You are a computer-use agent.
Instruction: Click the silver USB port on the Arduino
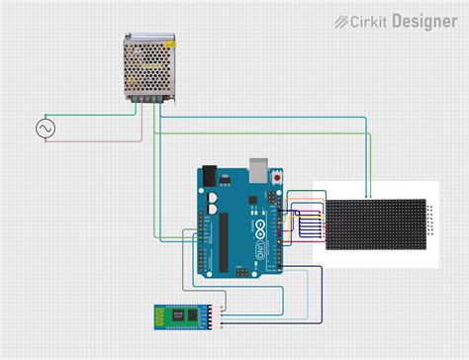coord(260,168)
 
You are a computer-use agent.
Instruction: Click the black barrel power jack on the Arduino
coord(210,179)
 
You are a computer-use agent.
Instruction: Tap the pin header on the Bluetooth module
coord(222,317)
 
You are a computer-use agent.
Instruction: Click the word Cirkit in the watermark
coord(373,20)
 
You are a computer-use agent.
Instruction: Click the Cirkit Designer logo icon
coord(342,20)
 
